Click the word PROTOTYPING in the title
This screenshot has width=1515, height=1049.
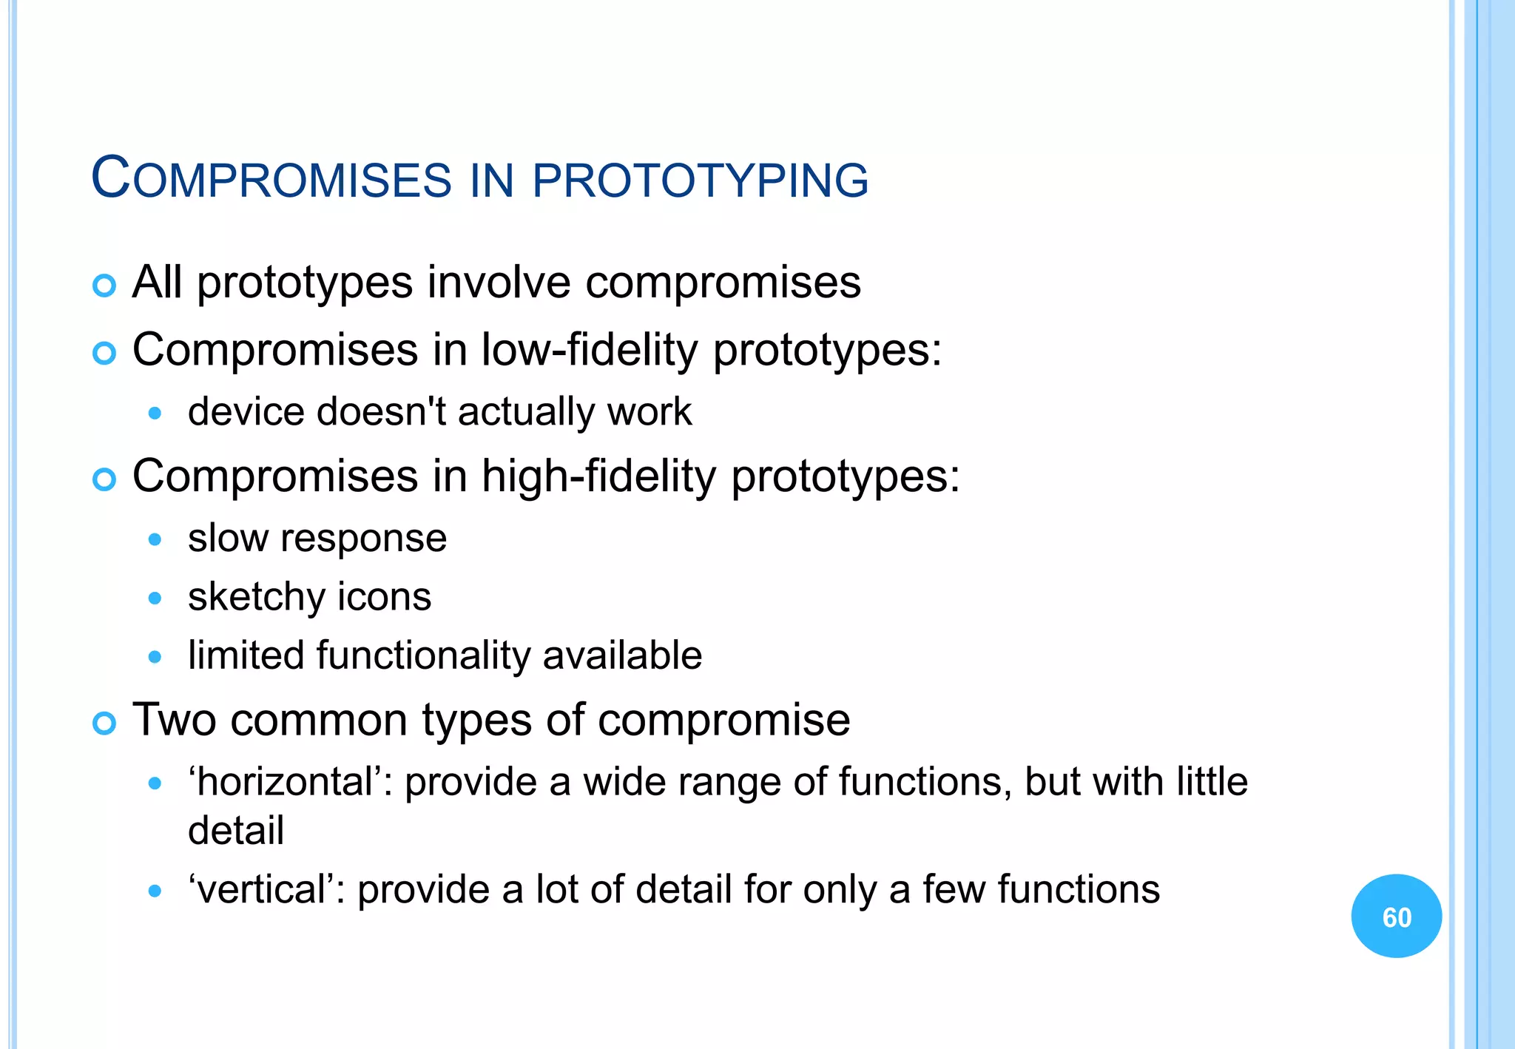(x=700, y=180)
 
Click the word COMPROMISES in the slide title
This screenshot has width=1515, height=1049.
(x=271, y=178)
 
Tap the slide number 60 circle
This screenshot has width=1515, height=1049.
(x=1396, y=916)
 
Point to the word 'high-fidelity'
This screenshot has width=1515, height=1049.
(x=598, y=476)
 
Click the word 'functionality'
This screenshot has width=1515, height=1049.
(x=422, y=655)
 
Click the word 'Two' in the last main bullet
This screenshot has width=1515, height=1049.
(x=174, y=720)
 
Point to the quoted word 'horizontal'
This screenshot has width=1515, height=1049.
(x=289, y=782)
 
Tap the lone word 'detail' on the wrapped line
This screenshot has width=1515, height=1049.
(x=235, y=830)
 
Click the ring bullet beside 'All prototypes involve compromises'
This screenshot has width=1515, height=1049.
(x=104, y=286)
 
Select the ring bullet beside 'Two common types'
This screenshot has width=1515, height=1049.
(x=104, y=723)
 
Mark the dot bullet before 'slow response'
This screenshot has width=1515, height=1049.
(x=155, y=539)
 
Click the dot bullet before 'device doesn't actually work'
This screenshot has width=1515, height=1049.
(x=155, y=414)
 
